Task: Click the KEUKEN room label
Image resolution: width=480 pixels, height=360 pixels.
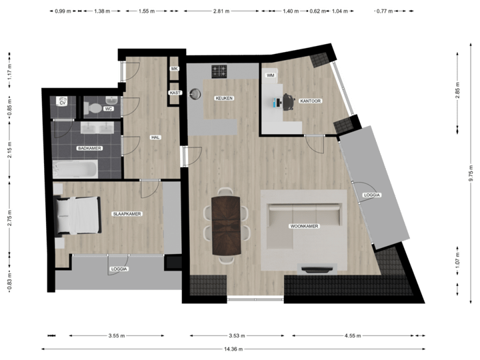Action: pyautogui.click(x=223, y=99)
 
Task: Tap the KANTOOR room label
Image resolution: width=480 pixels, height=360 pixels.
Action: pyautogui.click(x=311, y=101)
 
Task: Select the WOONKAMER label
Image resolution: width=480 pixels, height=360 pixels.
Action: pyautogui.click(x=303, y=227)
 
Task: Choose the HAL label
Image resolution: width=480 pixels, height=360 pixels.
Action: pyautogui.click(x=156, y=137)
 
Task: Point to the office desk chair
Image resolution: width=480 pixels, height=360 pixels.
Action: pyautogui.click(x=289, y=101)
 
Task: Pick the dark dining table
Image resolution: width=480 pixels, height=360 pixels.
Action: pyautogui.click(x=225, y=225)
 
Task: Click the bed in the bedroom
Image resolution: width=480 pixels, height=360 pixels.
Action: pyautogui.click(x=78, y=215)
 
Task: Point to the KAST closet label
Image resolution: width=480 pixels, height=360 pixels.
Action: pyautogui.click(x=175, y=93)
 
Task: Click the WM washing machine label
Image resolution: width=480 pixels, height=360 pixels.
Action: pyautogui.click(x=270, y=76)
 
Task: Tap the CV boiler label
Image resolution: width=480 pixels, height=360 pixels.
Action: pyautogui.click(x=63, y=103)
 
